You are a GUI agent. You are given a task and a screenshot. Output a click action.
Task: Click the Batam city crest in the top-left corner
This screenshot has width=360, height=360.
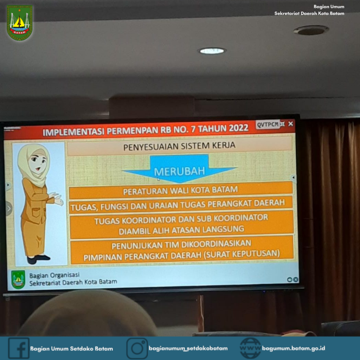coord(20,22)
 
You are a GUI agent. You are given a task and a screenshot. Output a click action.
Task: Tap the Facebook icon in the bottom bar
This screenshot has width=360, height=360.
coord(19,348)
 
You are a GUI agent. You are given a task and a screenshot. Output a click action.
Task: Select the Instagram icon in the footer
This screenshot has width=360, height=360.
coord(137,348)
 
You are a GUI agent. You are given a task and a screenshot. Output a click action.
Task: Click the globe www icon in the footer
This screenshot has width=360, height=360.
coord(250,348)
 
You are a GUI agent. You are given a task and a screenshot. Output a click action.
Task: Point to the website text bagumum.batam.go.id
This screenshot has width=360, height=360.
coord(294,348)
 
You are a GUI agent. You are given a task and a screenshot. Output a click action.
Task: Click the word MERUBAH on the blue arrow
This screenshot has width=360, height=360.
coord(179,171)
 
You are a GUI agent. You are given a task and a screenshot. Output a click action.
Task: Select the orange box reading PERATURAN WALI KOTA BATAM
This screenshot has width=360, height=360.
coord(181,190)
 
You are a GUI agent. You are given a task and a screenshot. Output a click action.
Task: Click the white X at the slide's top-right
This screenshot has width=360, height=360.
coord(291,124)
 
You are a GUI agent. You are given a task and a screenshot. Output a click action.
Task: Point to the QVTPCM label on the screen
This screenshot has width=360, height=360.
coord(268,125)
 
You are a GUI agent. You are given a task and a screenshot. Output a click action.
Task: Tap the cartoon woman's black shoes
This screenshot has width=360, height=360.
coord(38,259)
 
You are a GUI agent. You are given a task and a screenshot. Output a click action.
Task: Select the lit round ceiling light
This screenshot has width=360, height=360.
coord(212,51)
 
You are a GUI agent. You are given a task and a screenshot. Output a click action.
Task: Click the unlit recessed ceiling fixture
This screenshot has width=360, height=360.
coord(311,30)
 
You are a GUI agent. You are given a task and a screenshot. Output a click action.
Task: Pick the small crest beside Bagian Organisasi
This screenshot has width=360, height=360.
coord(18,279)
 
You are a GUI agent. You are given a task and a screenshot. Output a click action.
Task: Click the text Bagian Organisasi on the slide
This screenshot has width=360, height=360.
coord(54,275)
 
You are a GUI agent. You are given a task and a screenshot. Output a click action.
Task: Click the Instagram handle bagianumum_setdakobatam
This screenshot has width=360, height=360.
coord(188,348)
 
